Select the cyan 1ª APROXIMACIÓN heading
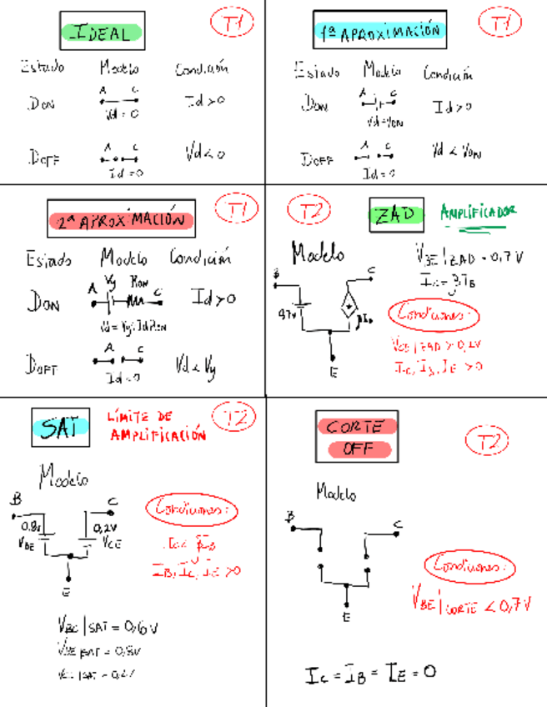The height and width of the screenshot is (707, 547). (379, 33)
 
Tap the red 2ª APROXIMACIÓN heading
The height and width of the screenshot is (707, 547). (121, 220)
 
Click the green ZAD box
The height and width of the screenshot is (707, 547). (395, 215)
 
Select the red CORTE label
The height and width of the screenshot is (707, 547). (356, 426)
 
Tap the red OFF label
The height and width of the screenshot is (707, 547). (356, 449)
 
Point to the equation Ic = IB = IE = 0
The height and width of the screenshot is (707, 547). (370, 672)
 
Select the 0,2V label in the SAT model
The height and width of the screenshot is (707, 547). (104, 528)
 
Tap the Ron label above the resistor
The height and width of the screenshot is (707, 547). (140, 283)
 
